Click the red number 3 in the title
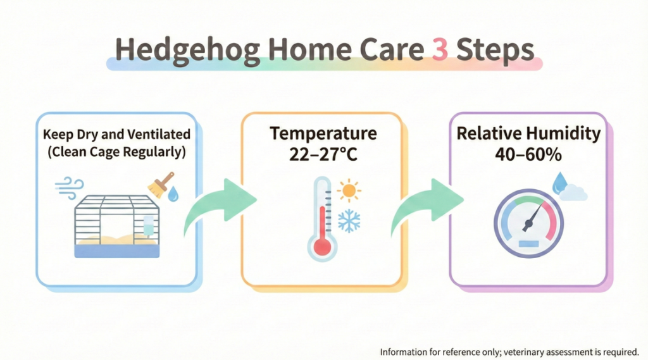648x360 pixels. [440, 49]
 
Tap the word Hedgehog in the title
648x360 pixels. [187, 51]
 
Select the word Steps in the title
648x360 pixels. [495, 51]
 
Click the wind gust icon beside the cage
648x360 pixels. [70, 187]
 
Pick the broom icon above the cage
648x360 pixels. [161, 184]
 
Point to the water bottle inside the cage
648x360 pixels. [148, 226]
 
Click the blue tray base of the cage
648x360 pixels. [117, 251]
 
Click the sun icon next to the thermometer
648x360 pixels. [349, 190]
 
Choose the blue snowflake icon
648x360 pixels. [349, 221]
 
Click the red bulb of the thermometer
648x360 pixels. [322, 247]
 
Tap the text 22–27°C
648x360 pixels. [323, 154]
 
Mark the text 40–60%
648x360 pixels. [528, 154]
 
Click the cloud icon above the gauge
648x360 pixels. [573, 193]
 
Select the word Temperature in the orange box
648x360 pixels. [323, 133]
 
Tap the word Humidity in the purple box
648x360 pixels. [564, 134]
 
